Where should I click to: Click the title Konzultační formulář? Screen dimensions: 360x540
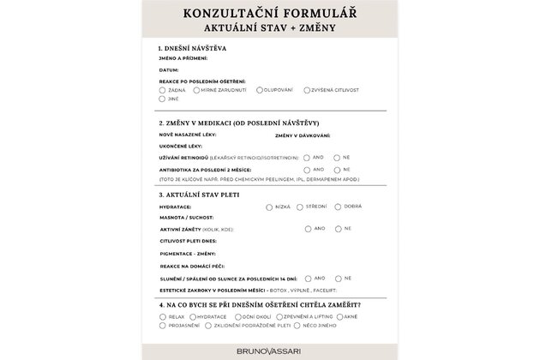[270, 13]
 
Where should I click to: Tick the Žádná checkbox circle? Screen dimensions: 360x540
[162, 89]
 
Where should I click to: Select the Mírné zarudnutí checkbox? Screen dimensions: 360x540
[196, 89]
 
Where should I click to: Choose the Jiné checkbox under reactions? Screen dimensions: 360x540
[162, 99]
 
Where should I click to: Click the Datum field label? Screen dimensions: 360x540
[169, 69]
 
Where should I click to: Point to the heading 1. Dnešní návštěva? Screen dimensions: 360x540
[192, 48]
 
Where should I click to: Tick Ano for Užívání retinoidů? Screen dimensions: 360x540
[308, 158]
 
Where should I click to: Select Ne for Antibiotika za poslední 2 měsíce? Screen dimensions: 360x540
[337, 170]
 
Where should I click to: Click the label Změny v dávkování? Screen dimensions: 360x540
[303, 135]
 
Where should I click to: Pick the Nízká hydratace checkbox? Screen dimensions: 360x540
[268, 207]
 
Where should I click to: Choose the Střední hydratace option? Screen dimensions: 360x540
[299, 207]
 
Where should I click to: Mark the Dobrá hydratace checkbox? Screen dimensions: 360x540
[338, 207]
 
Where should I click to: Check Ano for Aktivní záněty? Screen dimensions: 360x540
[308, 229]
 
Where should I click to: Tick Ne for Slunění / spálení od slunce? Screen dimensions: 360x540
[337, 279]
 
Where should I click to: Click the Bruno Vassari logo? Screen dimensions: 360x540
[269, 349]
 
